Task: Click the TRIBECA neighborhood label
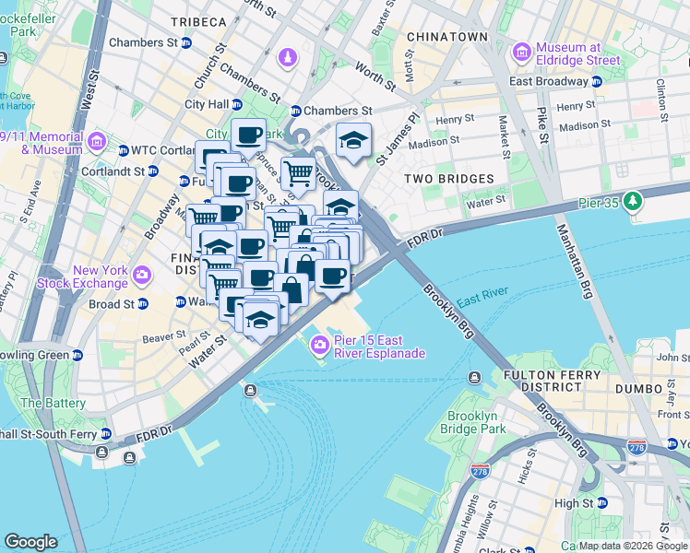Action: (198, 21)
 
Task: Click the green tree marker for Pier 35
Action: (633, 200)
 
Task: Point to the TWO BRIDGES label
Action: (448, 178)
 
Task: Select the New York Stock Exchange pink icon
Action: (142, 274)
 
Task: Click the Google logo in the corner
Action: (30, 542)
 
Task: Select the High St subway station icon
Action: (604, 503)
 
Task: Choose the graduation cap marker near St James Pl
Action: (353, 139)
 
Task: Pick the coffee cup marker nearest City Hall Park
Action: (248, 135)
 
